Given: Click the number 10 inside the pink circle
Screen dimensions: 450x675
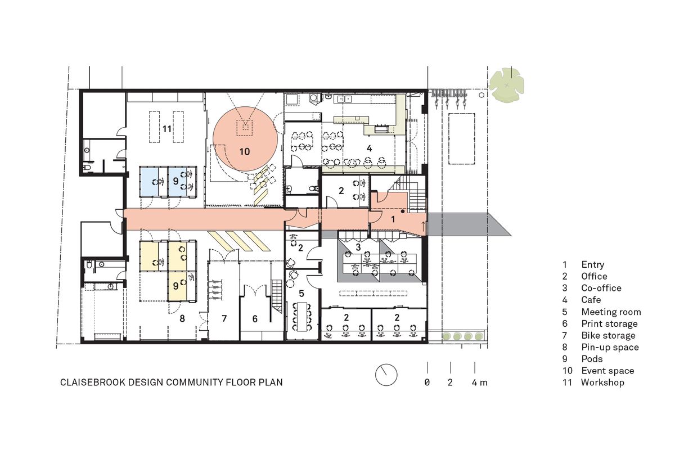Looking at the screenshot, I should click(244, 151).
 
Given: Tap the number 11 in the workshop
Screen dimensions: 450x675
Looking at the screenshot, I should click(166, 129).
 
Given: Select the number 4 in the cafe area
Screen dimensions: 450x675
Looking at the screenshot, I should click(369, 148).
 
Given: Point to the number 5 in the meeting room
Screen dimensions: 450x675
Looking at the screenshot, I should click(301, 293).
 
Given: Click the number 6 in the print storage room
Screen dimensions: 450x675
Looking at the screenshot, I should click(254, 319).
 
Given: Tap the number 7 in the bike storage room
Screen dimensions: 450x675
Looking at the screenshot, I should click(224, 319).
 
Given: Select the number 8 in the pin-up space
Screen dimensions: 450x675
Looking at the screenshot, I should click(182, 318).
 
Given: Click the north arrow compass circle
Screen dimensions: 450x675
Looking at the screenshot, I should click(386, 375).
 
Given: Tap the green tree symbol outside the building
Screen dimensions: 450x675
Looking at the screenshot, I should click(506, 85).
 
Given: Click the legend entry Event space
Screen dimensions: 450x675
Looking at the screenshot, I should click(607, 371).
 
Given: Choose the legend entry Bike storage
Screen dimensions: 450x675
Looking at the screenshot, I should click(608, 335).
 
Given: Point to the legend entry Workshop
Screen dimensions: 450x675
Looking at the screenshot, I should click(602, 382).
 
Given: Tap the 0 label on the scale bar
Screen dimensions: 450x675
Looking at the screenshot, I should click(427, 382).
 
